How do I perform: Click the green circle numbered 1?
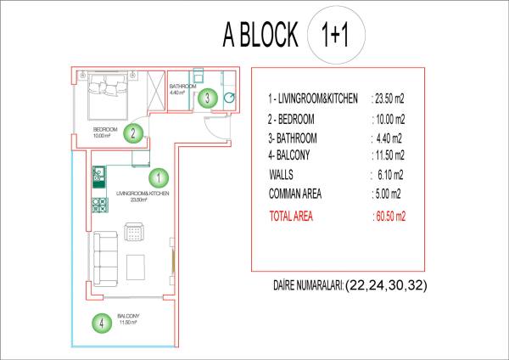159,178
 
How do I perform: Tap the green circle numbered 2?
133,133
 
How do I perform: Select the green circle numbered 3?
208,98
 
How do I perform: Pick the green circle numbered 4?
102,323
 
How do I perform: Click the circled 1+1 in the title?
336,35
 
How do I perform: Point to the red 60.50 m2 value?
390,216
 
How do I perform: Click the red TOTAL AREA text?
291,216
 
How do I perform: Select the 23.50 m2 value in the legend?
389,98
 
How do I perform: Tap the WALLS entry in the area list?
281,175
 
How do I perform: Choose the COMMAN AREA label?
295,194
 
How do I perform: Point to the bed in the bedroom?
108,95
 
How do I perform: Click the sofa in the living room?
105,259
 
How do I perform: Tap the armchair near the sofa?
134,232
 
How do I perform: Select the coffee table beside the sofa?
136,267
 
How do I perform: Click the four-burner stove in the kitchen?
100,205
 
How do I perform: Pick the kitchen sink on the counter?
98,173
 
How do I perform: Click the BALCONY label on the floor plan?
128,316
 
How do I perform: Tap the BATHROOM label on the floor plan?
182,87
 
